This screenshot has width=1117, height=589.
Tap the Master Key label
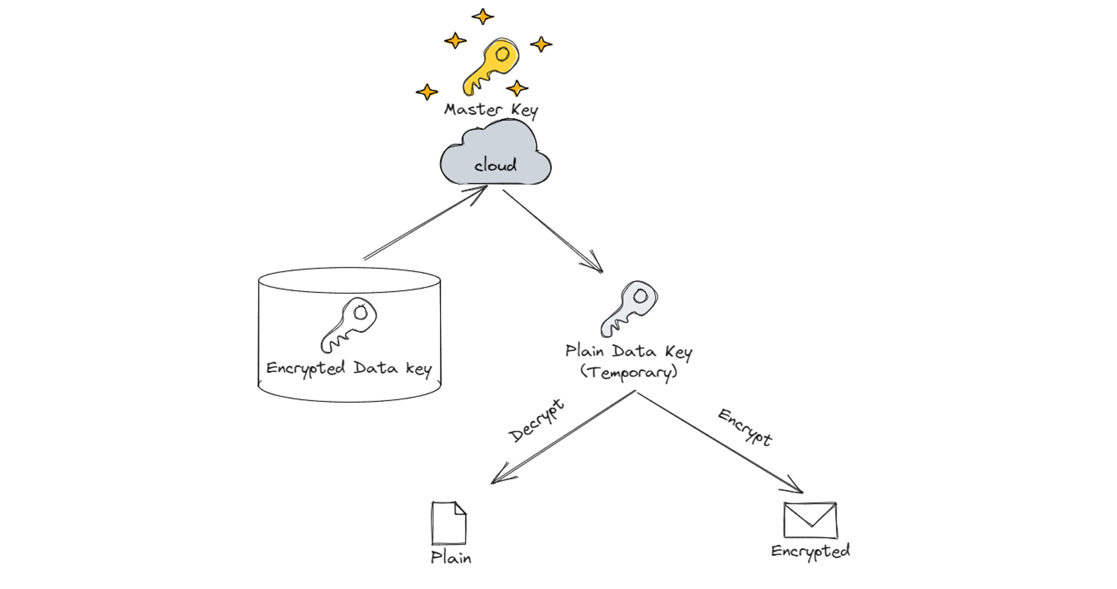(x=491, y=110)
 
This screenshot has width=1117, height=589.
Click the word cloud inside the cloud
(x=495, y=165)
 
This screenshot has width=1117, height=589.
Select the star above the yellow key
(x=483, y=16)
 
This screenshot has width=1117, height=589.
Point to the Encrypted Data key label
(x=349, y=368)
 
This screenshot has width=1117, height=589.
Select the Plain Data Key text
(x=629, y=351)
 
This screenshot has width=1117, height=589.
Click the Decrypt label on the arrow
(x=536, y=420)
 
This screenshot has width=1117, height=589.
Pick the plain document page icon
(x=449, y=523)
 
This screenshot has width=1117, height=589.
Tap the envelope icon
(x=810, y=520)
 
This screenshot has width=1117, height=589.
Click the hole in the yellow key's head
(x=503, y=54)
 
